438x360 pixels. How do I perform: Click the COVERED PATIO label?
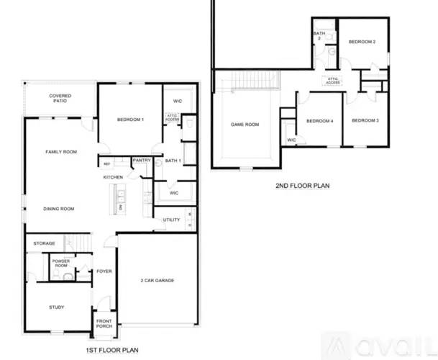coord(60,99)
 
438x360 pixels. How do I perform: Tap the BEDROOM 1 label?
coord(130,119)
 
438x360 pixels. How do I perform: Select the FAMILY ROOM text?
coord(61,152)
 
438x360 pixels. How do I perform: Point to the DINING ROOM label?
coord(59,209)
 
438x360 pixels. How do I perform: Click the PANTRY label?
coord(141,161)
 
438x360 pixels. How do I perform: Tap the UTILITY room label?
coord(171,220)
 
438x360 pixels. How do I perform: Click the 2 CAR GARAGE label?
coord(157,280)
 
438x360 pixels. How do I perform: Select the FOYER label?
coord(104,271)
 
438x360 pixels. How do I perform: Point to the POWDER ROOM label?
coord(60,264)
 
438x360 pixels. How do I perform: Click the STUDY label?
coord(57,307)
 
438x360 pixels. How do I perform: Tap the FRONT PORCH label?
coord(104,323)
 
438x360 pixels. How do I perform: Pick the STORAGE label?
coord(44,243)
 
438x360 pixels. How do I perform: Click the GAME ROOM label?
coord(245,124)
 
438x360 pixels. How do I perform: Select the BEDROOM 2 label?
coord(362,42)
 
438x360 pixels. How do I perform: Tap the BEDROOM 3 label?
coord(365,120)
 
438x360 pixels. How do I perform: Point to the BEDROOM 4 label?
coord(319,120)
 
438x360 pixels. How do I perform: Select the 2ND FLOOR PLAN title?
coord(302,185)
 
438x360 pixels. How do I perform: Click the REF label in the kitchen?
coord(107,164)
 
